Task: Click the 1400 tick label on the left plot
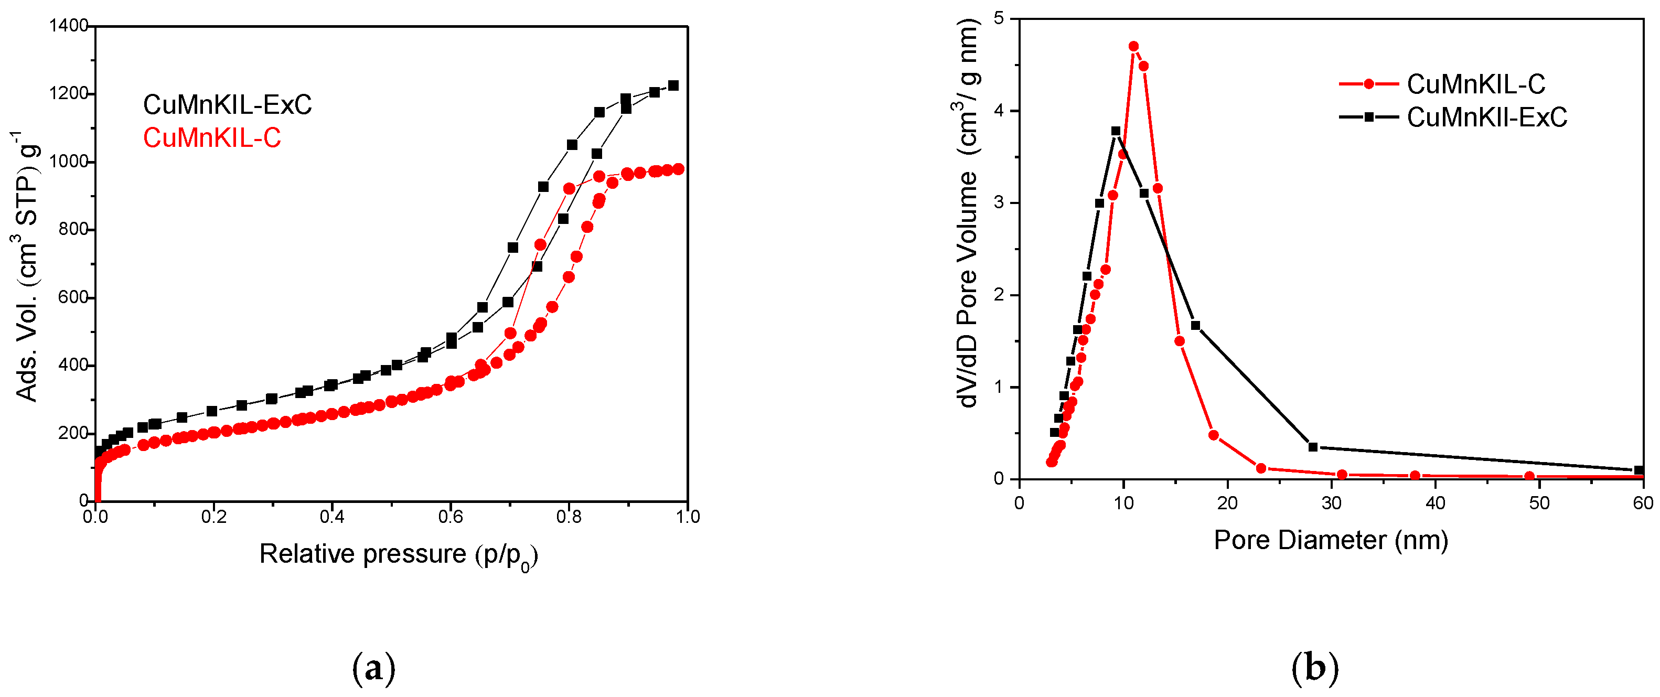click(x=68, y=26)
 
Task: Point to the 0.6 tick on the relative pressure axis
click(x=450, y=516)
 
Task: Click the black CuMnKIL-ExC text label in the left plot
click(x=227, y=104)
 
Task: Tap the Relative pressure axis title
click(x=398, y=554)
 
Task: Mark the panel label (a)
click(x=374, y=668)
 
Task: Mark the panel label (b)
click(x=1314, y=668)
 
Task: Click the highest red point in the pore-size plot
click(x=1133, y=46)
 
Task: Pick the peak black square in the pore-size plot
click(x=1116, y=131)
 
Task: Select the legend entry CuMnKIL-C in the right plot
click(x=1476, y=84)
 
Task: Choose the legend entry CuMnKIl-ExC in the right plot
click(x=1486, y=117)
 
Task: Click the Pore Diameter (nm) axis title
click(x=1331, y=540)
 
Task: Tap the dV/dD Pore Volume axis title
click(x=967, y=212)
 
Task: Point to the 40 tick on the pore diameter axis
click(x=1435, y=503)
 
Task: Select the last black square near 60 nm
click(x=1638, y=470)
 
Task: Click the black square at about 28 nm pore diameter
click(x=1313, y=447)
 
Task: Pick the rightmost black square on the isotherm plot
click(x=673, y=85)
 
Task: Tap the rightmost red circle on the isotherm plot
click(x=678, y=169)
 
